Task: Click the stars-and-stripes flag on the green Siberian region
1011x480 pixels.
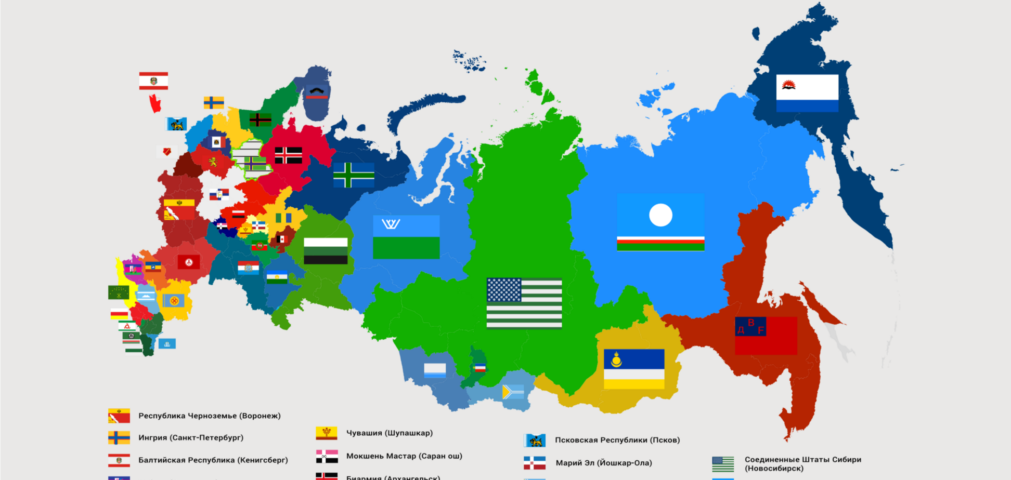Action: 524,303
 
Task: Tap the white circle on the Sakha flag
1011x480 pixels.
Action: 660,215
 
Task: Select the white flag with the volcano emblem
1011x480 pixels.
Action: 807,93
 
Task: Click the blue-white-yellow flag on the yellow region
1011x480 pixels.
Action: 634,369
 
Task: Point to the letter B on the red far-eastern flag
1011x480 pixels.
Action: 751,323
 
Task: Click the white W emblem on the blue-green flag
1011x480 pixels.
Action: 391,224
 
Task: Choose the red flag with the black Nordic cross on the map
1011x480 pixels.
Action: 289,155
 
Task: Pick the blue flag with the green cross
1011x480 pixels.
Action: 354,175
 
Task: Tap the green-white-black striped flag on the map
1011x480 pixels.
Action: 326,251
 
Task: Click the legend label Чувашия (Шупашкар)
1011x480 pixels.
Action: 390,433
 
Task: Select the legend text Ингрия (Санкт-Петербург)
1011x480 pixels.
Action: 191,438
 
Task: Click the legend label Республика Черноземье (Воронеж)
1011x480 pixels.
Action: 210,416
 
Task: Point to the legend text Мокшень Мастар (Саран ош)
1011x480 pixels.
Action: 404,456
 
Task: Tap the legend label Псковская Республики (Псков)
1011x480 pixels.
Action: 617,440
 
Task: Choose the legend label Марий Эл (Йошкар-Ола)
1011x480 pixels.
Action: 604,463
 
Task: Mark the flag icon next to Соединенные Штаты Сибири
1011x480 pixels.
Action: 723,463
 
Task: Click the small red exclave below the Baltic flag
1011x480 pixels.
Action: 155,103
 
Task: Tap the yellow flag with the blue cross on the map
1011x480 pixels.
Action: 214,102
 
